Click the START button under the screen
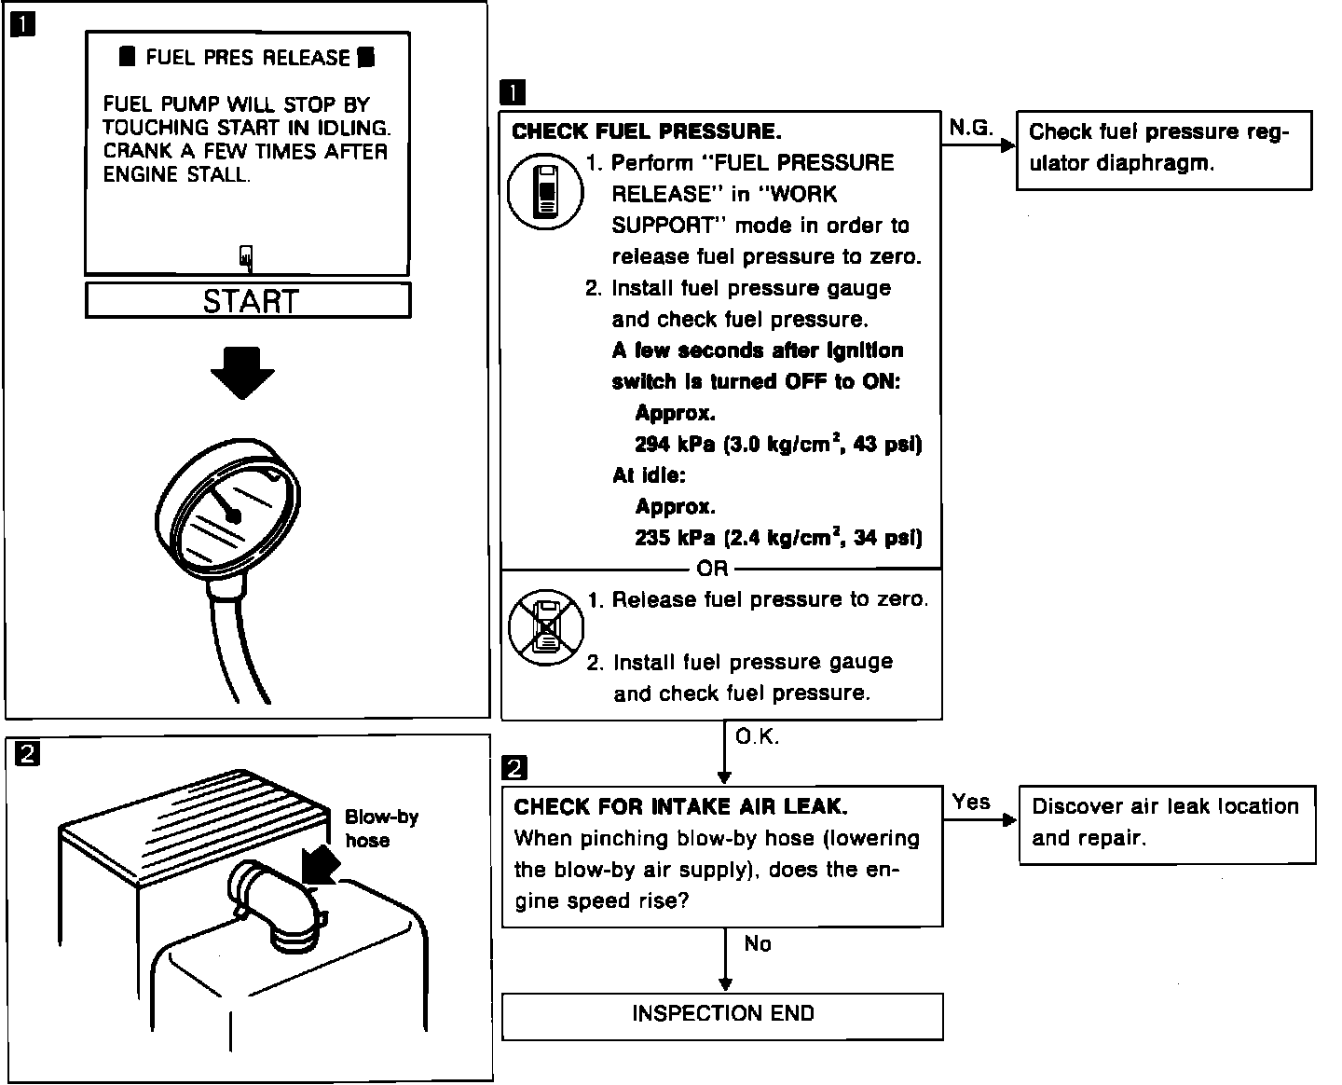(x=248, y=300)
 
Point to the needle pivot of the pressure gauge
(x=233, y=515)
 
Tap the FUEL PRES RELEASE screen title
(x=248, y=58)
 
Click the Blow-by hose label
(x=380, y=829)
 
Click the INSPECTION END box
(x=722, y=1015)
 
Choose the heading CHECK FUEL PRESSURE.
(x=647, y=131)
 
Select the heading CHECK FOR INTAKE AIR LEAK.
(x=680, y=807)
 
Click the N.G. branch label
(x=970, y=128)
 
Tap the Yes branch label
(x=970, y=802)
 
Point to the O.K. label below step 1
(x=757, y=737)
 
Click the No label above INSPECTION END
(x=758, y=944)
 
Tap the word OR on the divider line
(x=712, y=569)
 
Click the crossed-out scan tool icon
(x=546, y=627)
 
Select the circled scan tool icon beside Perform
(x=545, y=193)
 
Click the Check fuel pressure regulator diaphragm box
(x=1163, y=149)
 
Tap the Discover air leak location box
(x=1167, y=823)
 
